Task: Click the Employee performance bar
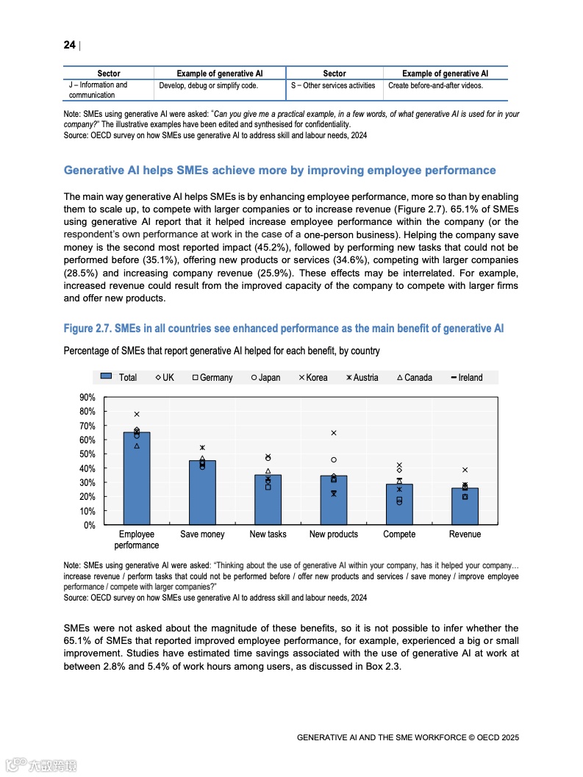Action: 137,479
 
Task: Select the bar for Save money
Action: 202,493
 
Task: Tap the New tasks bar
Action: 268,500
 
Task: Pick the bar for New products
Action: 333,500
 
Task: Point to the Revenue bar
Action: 465,506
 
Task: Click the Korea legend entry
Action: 312,378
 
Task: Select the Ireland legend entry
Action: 467,378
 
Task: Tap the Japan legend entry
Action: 265,378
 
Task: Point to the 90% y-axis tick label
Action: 87,398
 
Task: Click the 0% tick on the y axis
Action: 89,526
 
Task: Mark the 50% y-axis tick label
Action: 87,454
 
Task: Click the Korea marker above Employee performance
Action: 137,415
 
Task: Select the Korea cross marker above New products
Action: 334,433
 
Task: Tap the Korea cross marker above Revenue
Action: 465,470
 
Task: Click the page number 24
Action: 69,45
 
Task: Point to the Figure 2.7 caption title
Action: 284,329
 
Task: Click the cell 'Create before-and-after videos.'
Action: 435,86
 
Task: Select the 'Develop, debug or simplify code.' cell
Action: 208,86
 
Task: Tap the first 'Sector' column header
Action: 109,74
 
